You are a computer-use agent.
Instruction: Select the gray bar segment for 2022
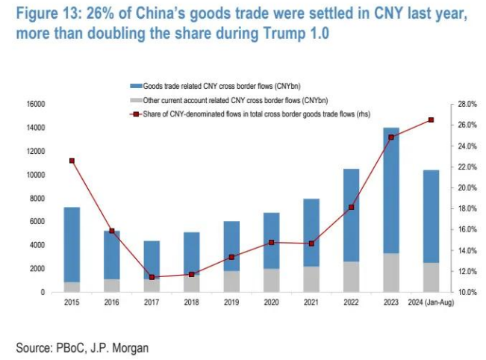(350, 276)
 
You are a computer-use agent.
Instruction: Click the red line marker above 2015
(72, 161)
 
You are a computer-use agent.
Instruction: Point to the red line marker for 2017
(152, 277)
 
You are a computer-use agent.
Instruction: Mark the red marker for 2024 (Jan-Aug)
(431, 120)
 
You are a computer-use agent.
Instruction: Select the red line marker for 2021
(311, 243)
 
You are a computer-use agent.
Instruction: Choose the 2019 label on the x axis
(231, 303)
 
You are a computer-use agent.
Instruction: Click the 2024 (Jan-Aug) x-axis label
(431, 303)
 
